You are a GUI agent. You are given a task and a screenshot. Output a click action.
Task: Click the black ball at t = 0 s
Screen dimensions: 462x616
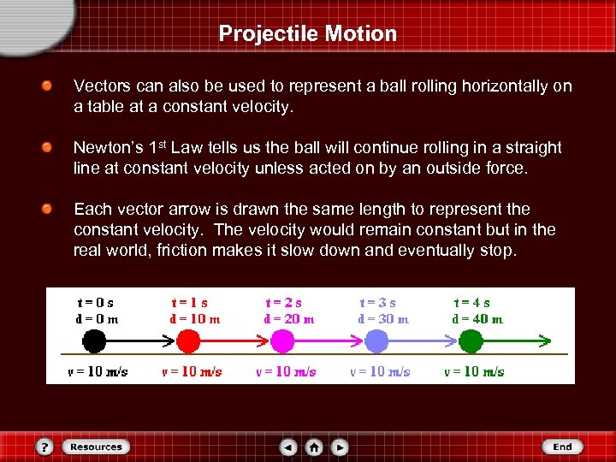coord(94,341)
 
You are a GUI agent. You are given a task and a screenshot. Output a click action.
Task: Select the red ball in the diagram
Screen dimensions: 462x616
coord(188,341)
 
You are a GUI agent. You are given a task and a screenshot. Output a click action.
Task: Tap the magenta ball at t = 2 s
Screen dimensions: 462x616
coord(282,341)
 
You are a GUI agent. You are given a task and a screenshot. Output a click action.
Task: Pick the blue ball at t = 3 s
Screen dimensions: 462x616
coord(376,341)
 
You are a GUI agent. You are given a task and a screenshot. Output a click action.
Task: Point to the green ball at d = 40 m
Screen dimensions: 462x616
coord(471,341)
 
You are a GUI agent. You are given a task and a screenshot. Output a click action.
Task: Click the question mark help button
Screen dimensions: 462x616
coord(45,447)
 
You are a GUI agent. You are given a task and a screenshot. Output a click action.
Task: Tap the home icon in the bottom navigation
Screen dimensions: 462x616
coord(314,447)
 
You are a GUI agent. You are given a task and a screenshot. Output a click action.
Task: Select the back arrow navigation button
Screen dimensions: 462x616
coord(289,447)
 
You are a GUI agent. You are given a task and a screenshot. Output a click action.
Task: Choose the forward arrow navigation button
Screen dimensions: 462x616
coord(340,447)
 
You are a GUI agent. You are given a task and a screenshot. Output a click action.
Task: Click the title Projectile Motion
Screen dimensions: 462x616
coord(308,33)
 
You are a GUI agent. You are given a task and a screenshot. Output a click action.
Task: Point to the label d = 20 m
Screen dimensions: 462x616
coord(289,319)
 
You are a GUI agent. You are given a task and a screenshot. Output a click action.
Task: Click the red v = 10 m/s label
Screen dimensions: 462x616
coord(192,372)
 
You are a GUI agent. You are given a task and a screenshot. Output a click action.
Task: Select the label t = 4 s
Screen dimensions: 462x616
coord(471,303)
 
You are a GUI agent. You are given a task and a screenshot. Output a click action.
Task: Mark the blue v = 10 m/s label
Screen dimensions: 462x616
coord(380,372)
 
